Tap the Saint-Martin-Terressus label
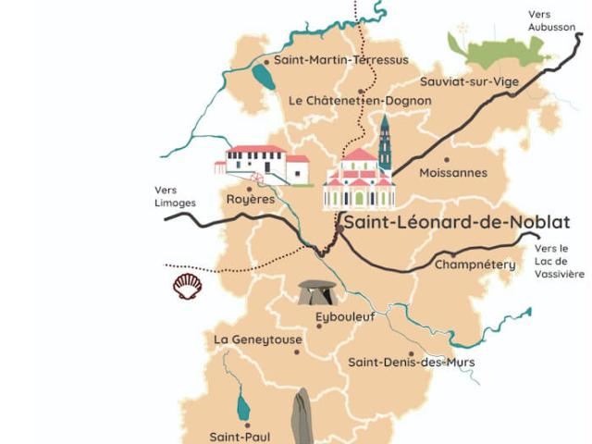pyautogui.click(x=341, y=61)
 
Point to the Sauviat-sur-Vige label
pyautogui.click(x=470, y=81)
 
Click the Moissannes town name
pyautogui.click(x=452, y=173)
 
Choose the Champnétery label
pyautogui.click(x=475, y=265)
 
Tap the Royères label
pyautogui.click(x=251, y=199)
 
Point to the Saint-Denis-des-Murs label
pyautogui.click(x=411, y=362)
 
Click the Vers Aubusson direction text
pyautogui.click(x=552, y=21)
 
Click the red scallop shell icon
pyautogui.click(x=188, y=285)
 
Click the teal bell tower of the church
pyautogui.click(x=385, y=143)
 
